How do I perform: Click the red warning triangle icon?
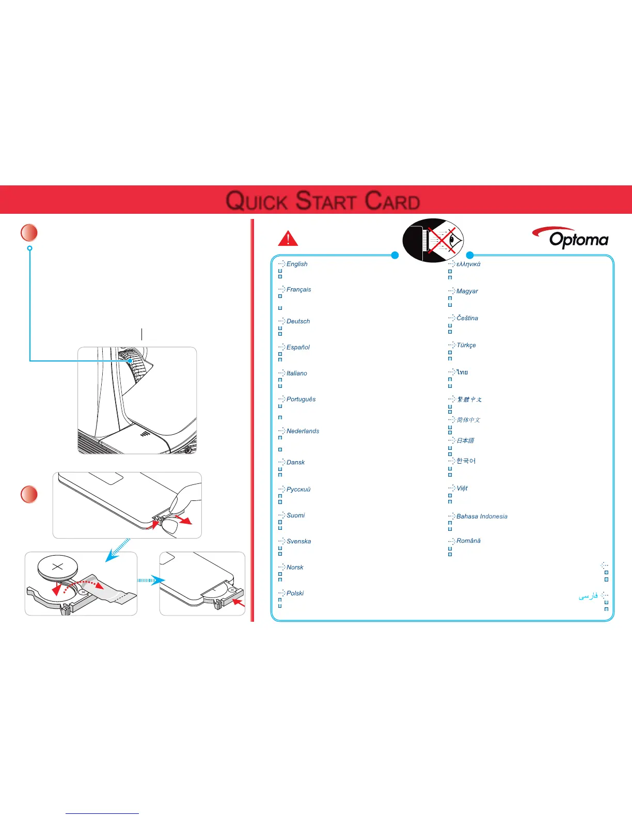pos(288,238)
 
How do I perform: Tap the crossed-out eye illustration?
pos(434,241)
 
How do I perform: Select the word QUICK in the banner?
pos(257,201)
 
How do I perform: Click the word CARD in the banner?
pos(392,201)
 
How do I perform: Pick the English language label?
pos(297,264)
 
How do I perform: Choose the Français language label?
pos(298,290)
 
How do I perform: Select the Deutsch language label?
pos(298,321)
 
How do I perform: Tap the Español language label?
pos(298,347)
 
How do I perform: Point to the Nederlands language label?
pos(303,431)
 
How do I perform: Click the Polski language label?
pos(295,593)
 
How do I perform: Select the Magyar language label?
pos(467,291)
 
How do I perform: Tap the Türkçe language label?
pos(466,345)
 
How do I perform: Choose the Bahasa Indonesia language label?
pos(482,516)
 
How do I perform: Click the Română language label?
pos(468,541)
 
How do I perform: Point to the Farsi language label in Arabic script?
pos(588,596)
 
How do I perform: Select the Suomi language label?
pos(295,515)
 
